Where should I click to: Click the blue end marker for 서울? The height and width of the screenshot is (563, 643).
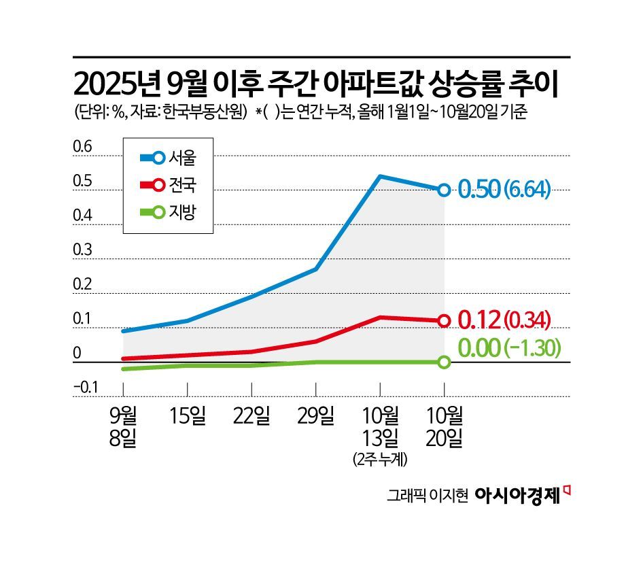[444, 190]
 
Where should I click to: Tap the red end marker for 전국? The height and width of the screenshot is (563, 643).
[444, 320]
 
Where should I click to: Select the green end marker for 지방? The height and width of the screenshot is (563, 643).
[444, 362]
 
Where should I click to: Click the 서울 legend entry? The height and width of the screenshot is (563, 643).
[167, 158]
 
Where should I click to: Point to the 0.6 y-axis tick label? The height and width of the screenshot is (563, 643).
[82, 147]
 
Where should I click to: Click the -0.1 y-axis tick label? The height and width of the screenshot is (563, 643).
[86, 388]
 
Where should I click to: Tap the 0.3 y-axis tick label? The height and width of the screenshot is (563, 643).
[82, 250]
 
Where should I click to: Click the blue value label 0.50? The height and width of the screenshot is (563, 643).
[480, 189]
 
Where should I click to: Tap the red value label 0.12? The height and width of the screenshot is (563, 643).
[480, 319]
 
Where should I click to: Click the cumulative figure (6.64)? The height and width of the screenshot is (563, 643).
[527, 190]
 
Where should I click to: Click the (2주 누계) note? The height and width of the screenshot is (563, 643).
[380, 460]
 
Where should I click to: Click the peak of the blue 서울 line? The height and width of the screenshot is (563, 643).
[379, 177]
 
